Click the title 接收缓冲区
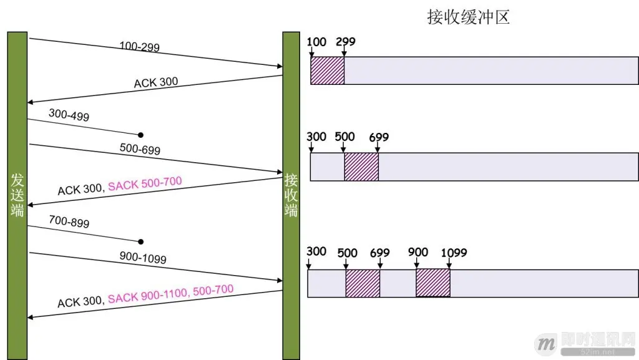point(468,17)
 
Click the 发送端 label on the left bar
point(17,195)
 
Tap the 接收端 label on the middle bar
point(291,195)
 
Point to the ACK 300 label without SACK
point(156,82)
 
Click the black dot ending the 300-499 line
point(141,135)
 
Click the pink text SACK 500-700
point(145,184)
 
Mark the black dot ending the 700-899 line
point(141,241)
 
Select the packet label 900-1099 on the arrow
point(142,256)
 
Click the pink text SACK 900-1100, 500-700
point(170,293)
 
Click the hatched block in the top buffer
point(328,71)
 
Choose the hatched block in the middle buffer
point(361,167)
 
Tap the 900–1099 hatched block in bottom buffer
point(433,283)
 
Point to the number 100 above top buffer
point(317,42)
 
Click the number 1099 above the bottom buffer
point(454,253)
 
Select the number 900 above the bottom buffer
point(418,252)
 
